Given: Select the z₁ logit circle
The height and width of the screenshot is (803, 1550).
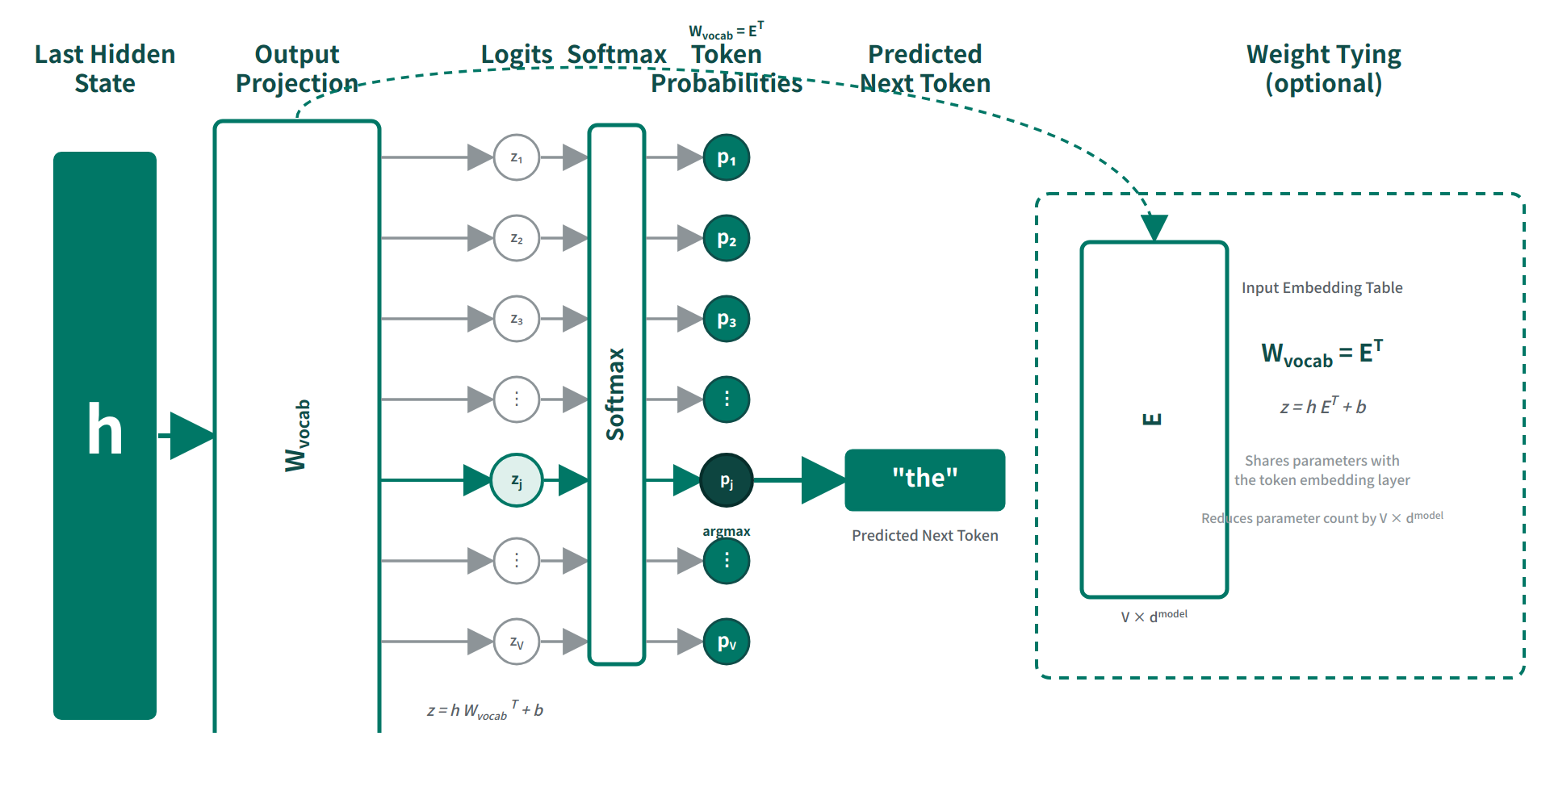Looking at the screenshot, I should coord(517,157).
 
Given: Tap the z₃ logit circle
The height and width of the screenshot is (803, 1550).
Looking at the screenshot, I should coord(517,319).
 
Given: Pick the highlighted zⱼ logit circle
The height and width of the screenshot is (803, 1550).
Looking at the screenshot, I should coord(517,480).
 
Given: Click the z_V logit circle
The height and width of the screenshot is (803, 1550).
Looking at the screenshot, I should coord(517,642).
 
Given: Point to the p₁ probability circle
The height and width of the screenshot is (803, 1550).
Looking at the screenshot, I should coord(727,157).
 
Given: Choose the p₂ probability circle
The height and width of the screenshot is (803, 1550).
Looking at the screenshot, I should coord(727,238).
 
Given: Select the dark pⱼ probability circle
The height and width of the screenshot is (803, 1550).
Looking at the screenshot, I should coord(727,480).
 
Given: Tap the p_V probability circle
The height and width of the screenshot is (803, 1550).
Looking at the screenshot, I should coord(727,642).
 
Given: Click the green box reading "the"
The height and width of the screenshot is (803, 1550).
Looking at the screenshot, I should coord(924,479).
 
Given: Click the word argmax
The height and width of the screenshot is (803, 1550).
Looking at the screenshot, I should coord(727,531).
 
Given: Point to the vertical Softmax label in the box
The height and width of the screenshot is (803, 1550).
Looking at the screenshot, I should coord(616,394).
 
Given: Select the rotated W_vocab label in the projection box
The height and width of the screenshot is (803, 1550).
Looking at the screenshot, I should coord(297,436).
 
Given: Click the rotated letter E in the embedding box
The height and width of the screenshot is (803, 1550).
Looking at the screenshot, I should coord(1153,419).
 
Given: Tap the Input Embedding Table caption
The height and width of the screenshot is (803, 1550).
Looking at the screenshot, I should coord(1322,288).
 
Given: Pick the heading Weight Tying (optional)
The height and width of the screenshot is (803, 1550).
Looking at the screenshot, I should coord(1323,69).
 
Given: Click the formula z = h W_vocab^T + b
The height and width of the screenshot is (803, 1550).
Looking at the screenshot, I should coord(485,710).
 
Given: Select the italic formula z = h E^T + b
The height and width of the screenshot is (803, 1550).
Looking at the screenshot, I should coord(1322,406).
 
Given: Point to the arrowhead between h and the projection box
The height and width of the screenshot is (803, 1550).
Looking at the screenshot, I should coord(192,436).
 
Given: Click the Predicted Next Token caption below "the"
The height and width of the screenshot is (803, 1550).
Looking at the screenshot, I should coord(924,536).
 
